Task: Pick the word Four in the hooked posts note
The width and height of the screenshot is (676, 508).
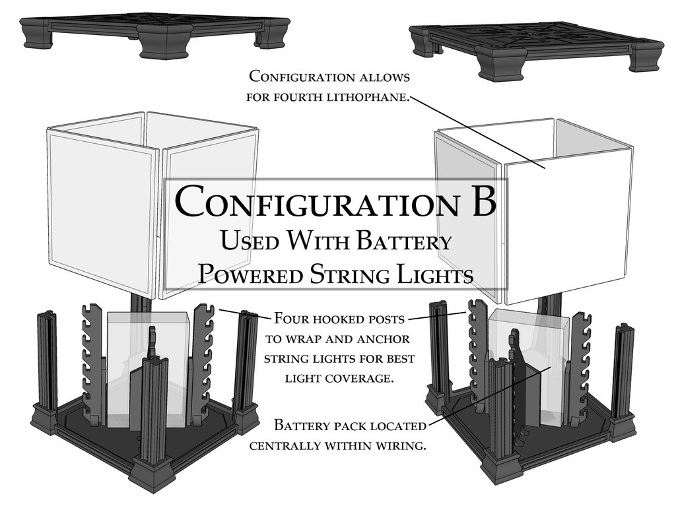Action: coord(288,319)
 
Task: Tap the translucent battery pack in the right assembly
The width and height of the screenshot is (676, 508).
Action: coord(528,363)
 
